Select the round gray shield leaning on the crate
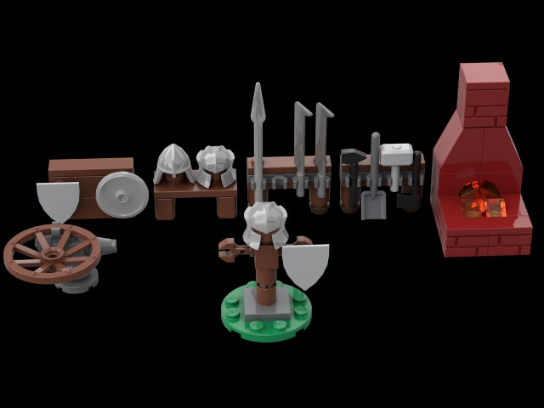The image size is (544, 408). [122, 195]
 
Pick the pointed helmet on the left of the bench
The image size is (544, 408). [173, 162]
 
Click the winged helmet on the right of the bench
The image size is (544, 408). [216, 165]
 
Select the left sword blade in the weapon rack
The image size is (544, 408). [300, 136]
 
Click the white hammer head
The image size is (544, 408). [396, 155]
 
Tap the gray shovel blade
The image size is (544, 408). [373, 204]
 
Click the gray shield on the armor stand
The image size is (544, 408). [305, 267]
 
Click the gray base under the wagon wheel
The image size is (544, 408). [76, 283]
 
